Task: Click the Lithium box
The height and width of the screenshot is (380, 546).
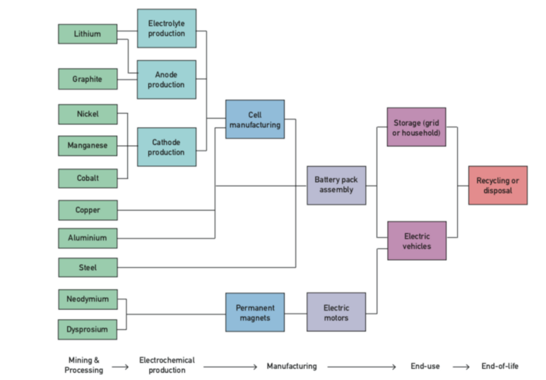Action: pos(87,34)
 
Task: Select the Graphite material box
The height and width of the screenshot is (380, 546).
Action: pos(87,79)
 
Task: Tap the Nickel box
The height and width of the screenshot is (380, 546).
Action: pos(87,115)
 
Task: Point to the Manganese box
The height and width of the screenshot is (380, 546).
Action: pos(87,146)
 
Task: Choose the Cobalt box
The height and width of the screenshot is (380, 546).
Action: pos(87,178)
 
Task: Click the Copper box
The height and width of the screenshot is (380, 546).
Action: pos(87,210)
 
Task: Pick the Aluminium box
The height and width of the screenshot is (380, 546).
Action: pos(87,238)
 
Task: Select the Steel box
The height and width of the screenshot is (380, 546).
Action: pos(87,268)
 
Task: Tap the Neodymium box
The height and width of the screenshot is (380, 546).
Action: pos(87,300)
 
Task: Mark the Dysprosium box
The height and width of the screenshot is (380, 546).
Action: pos(87,329)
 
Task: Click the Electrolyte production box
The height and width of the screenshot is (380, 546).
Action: pos(166,29)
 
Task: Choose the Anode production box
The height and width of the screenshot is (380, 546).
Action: pos(166,80)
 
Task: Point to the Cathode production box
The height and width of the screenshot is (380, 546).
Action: pos(166,147)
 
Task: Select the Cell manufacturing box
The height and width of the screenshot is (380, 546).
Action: pos(255,119)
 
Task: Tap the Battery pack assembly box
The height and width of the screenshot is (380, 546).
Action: pos(336,185)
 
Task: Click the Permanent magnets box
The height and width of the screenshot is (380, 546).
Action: pos(255,312)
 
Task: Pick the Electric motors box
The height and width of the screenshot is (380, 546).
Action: pos(336,312)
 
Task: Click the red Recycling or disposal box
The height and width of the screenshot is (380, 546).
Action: pos(498,185)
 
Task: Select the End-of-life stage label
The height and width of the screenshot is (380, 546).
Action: pos(500,365)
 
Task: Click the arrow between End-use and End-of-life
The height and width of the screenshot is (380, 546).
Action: pos(461,366)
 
